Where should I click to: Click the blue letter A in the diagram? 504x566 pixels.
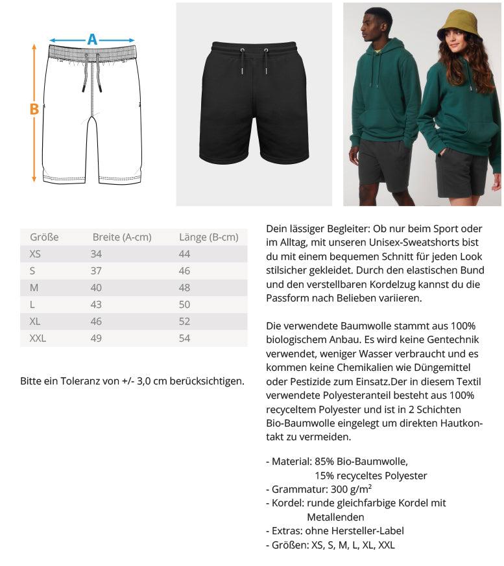[x=92, y=39]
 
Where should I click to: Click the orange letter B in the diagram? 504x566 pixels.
[x=34, y=109]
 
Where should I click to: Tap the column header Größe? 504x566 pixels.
[x=44, y=237]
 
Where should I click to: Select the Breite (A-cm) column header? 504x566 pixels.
[x=122, y=237]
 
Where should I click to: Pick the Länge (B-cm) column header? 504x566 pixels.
[x=208, y=237]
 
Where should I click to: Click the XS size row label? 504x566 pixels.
[x=35, y=254]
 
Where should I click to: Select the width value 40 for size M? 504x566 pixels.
[x=96, y=288]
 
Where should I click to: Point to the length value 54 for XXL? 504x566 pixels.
[x=184, y=338]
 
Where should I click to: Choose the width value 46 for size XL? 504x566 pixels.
[x=96, y=321]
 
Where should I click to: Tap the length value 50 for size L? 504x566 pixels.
[x=184, y=304]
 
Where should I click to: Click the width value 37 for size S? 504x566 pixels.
[x=96, y=271]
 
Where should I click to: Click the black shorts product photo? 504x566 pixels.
[x=254, y=104]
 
